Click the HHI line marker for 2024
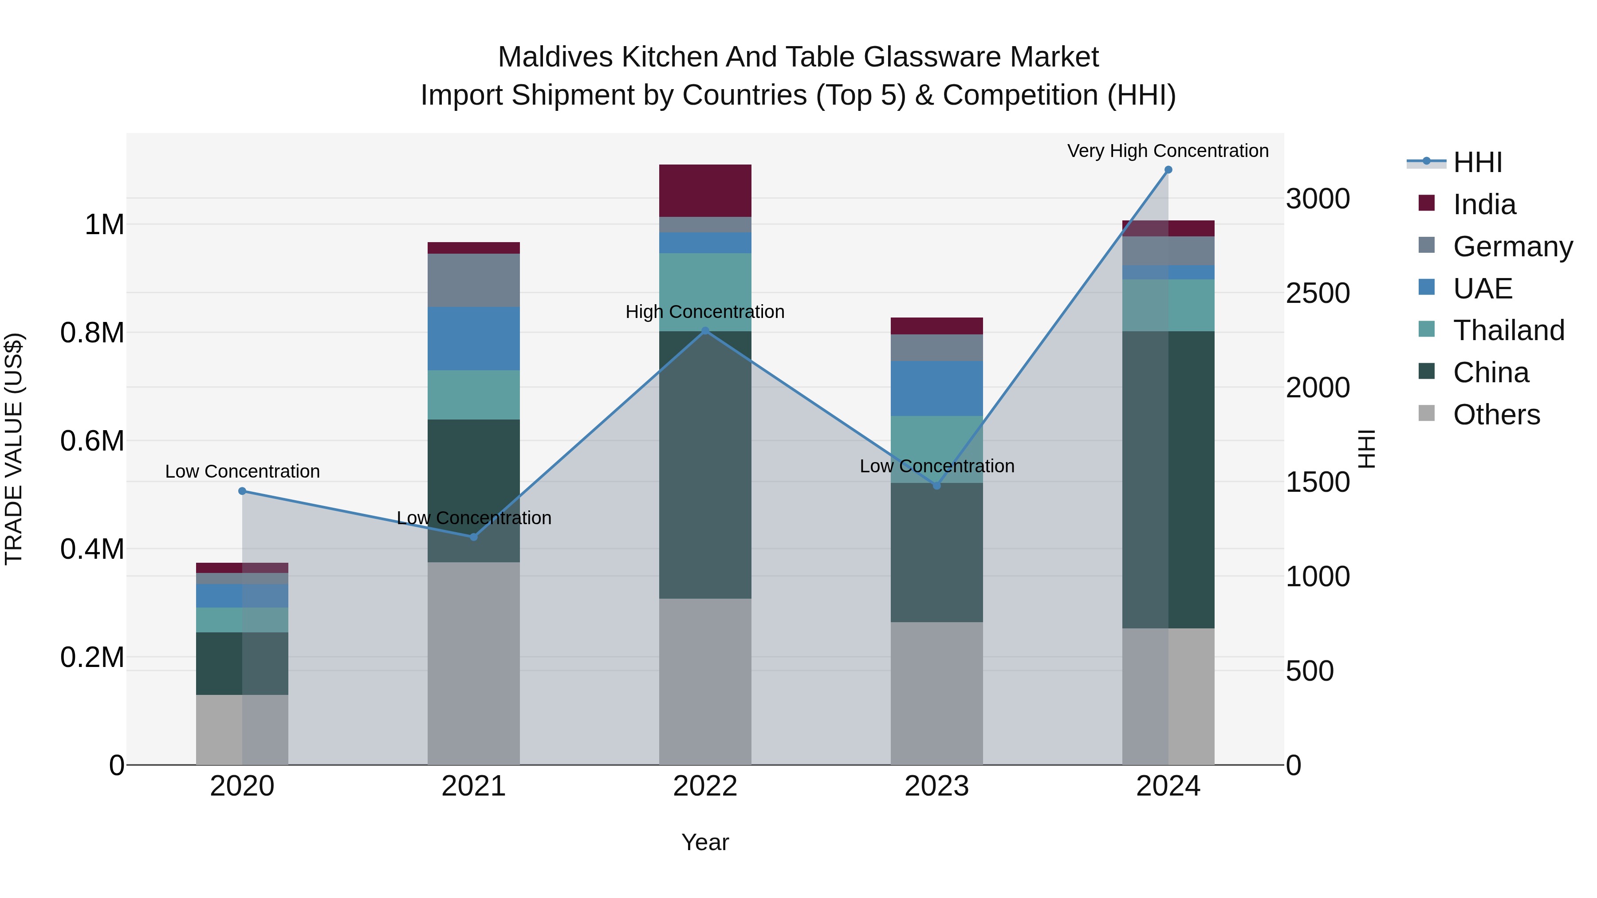point(1168,170)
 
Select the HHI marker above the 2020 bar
point(242,491)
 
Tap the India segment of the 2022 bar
point(705,191)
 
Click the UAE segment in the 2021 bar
point(474,339)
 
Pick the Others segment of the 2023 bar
point(937,693)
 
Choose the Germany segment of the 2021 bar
point(474,280)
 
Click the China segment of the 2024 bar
point(1168,480)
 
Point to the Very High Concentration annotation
point(1168,151)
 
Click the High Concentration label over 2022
point(705,312)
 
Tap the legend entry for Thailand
point(1508,330)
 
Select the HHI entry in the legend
point(1477,162)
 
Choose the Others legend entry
point(1496,415)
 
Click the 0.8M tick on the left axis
point(92,333)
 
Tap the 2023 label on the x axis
point(937,786)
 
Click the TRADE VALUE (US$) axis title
point(14,449)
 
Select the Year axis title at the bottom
point(705,842)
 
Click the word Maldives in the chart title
point(555,57)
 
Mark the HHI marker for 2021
point(474,537)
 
